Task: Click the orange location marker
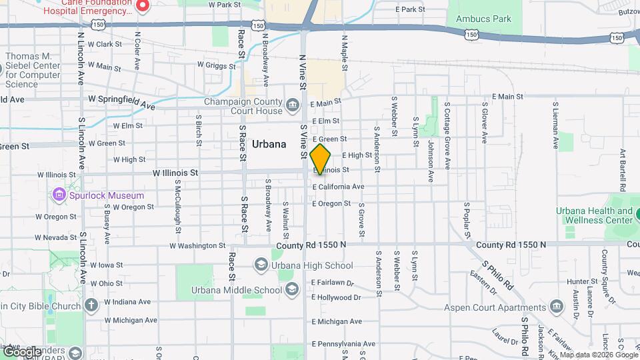(x=321, y=159)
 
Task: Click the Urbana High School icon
(x=261, y=265)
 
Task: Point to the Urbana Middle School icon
(x=291, y=289)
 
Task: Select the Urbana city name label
(x=269, y=144)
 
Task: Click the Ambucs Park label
(x=483, y=19)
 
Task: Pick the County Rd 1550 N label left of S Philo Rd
(x=311, y=245)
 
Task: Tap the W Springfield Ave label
(x=121, y=102)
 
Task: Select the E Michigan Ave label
(x=336, y=321)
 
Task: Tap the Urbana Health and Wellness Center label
(x=595, y=215)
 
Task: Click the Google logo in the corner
(x=21, y=352)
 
